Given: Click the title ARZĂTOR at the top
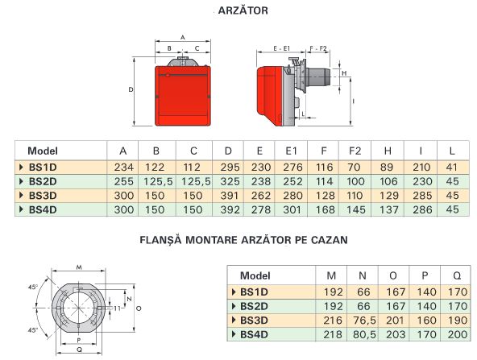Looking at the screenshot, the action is (243, 10).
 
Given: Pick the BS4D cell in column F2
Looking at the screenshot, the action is (356, 209).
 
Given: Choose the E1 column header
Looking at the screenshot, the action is (291, 151).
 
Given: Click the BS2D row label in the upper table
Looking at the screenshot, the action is (43, 181).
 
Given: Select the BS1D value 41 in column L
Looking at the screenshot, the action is (452, 168).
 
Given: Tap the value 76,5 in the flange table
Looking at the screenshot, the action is (364, 321).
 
